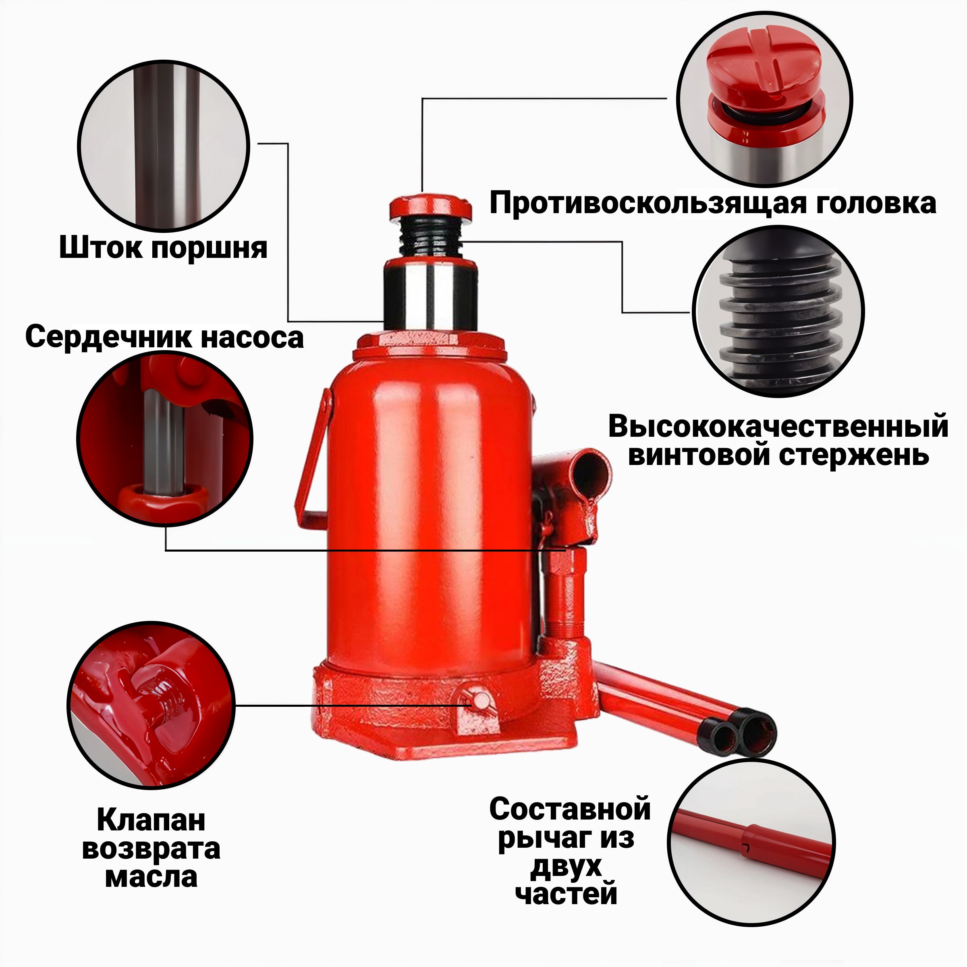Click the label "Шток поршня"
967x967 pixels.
tap(163, 247)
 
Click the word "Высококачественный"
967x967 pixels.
tap(778, 426)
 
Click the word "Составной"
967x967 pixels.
tap(570, 809)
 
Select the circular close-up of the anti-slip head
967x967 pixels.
tap(765, 98)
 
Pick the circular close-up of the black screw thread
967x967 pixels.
tap(779, 311)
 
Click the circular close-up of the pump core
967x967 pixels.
tap(165, 438)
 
